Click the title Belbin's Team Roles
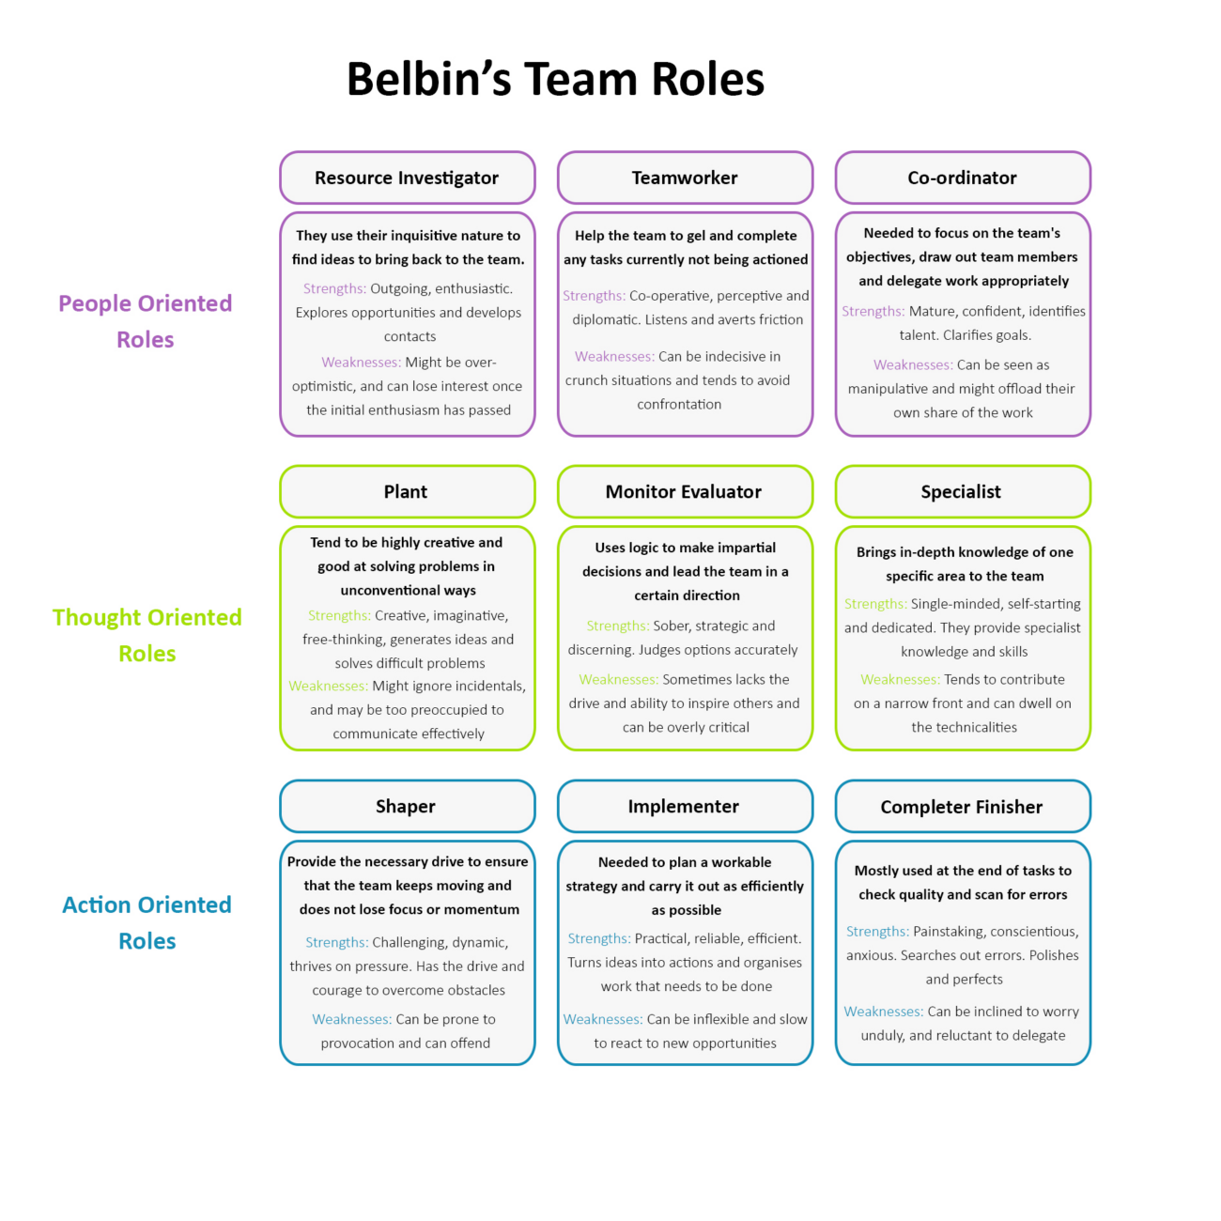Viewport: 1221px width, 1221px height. (555, 79)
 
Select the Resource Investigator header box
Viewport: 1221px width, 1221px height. (407, 178)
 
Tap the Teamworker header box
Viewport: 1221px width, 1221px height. (685, 178)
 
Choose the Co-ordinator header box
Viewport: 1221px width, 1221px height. (963, 178)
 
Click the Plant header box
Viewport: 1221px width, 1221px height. (407, 491)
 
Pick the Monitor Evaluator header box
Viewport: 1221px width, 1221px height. (685, 491)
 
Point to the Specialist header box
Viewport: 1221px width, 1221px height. (963, 491)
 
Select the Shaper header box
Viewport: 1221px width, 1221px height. (407, 806)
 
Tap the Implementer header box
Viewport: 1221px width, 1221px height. (685, 806)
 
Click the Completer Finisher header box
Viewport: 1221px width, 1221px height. (963, 806)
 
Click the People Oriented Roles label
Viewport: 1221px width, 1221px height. (146, 321)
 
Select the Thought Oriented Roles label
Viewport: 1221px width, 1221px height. (147, 635)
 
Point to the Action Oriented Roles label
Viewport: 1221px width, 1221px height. (147, 922)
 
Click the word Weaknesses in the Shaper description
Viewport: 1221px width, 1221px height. (351, 1019)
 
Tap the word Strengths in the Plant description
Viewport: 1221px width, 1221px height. (339, 615)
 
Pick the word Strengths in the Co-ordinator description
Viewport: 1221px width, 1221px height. (873, 311)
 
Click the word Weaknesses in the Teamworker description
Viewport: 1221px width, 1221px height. (614, 356)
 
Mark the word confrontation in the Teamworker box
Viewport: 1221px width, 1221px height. (679, 404)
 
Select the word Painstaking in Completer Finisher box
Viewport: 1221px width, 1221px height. (951, 931)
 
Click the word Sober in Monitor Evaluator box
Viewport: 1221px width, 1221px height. (671, 626)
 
